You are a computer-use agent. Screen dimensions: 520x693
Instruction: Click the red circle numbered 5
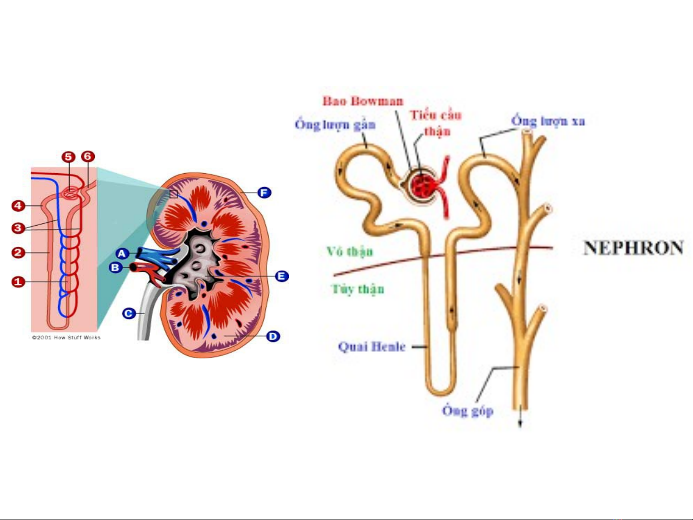point(68,156)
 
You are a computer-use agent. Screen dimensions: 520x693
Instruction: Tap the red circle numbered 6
point(88,156)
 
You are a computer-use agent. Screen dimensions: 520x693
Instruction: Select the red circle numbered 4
point(18,206)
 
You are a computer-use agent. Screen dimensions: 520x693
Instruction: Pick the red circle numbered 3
point(18,228)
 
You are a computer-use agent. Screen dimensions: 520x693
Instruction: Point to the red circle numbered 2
point(18,252)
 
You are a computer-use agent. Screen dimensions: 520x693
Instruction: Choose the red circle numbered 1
point(18,281)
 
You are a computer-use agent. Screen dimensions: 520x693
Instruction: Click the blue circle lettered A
point(122,254)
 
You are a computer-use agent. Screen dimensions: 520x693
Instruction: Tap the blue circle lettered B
point(115,267)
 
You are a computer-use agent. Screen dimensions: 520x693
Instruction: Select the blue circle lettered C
point(128,314)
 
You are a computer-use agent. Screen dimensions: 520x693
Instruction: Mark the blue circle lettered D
point(273,336)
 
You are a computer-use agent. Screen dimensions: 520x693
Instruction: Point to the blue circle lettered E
point(281,276)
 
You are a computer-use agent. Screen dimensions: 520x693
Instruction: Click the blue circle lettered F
point(264,193)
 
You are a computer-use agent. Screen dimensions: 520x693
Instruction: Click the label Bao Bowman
point(363,101)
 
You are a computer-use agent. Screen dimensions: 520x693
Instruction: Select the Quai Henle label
point(372,347)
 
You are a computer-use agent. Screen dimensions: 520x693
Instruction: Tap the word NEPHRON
point(633,248)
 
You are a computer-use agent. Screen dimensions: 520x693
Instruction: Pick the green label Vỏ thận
point(350,252)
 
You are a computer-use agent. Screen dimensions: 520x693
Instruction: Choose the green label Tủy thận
point(358,289)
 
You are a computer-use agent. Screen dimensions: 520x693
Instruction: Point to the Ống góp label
point(467,411)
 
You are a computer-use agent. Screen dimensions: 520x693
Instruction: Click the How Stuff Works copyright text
point(66,338)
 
